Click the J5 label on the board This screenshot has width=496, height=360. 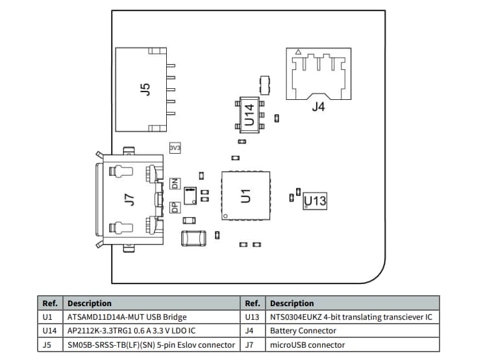[x=145, y=88]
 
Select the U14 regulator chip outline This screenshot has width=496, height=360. [x=249, y=114]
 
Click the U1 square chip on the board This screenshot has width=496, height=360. [x=245, y=195]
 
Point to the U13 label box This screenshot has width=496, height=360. [x=316, y=201]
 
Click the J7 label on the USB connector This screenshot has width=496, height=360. [x=129, y=200]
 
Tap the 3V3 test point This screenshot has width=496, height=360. [x=175, y=149]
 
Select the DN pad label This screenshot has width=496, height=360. [x=174, y=184]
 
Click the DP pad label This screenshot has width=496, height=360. [x=174, y=208]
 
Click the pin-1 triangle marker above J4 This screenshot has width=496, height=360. [x=297, y=52]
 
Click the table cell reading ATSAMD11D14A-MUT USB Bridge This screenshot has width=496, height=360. [x=127, y=317]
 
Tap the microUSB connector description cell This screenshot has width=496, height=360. [x=307, y=344]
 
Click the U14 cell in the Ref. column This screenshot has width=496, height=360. [x=49, y=331]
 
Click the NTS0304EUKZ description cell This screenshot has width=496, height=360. [x=351, y=317]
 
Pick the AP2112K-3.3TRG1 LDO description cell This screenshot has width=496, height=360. [x=131, y=331]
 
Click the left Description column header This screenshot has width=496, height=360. [x=90, y=303]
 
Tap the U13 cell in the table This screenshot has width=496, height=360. [x=253, y=317]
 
